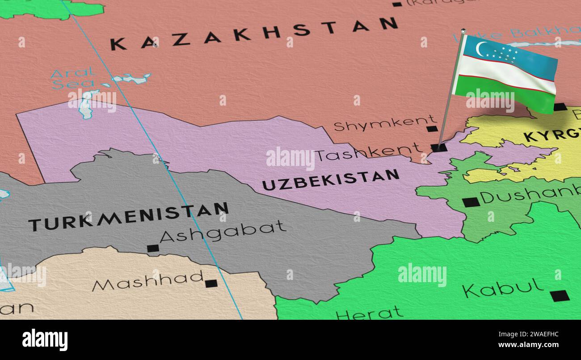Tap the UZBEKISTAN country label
point(330,179)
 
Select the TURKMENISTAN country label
point(128,216)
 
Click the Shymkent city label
point(384,123)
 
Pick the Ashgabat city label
point(223,230)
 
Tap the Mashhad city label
point(147,281)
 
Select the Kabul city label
point(502,288)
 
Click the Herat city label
point(369,313)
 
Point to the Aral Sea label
point(73,78)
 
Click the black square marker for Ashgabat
point(153,248)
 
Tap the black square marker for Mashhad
point(211,283)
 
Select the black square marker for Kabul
point(559,296)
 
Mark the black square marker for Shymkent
point(431,129)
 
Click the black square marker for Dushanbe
point(471,202)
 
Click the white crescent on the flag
point(480,49)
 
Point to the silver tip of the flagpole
point(463,31)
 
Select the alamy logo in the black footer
point(45,339)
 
